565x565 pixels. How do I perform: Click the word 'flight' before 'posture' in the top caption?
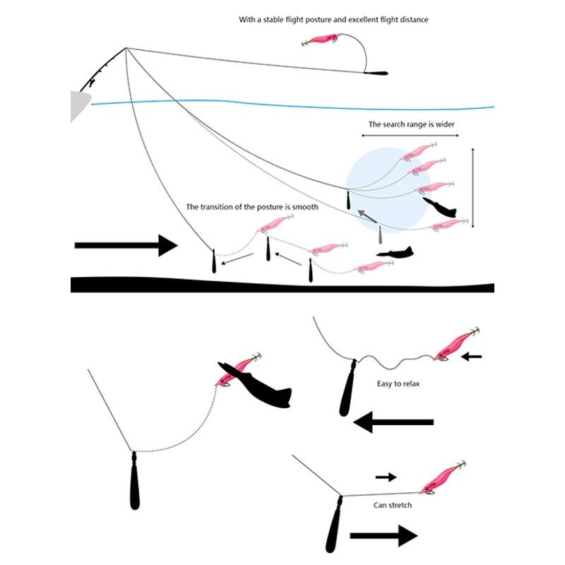295,20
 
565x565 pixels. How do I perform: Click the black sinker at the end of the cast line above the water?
376,73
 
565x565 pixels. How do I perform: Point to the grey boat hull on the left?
79,105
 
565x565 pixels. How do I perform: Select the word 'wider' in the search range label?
445,124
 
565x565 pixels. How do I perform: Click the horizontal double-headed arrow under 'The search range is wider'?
410,136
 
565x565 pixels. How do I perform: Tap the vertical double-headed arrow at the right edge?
472,187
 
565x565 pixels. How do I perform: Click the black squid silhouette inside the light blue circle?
439,207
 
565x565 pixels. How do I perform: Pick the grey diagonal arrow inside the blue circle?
367,216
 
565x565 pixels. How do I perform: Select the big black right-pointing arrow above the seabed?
126,245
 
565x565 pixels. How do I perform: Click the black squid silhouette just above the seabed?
395,253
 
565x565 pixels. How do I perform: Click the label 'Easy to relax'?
398,383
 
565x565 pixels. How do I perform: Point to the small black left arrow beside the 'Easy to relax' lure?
471,357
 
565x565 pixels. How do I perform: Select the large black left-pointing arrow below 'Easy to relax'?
393,422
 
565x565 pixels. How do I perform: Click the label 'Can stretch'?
393,505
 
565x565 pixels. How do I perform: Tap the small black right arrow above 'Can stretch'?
386,477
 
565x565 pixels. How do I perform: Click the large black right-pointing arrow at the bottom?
383,536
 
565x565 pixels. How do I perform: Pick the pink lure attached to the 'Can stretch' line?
443,477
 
